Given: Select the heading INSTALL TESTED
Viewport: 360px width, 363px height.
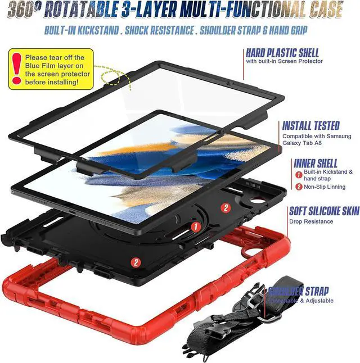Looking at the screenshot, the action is [310, 126].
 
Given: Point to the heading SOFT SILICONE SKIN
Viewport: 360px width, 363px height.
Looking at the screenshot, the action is [323, 211].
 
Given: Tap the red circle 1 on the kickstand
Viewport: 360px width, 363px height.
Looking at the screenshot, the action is [196, 227].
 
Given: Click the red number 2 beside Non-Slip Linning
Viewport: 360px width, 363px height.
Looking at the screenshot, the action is [299, 187].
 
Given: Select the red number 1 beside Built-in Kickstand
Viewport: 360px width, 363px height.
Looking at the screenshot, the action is [299, 172].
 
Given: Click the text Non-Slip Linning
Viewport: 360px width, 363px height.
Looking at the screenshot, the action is [326, 187].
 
